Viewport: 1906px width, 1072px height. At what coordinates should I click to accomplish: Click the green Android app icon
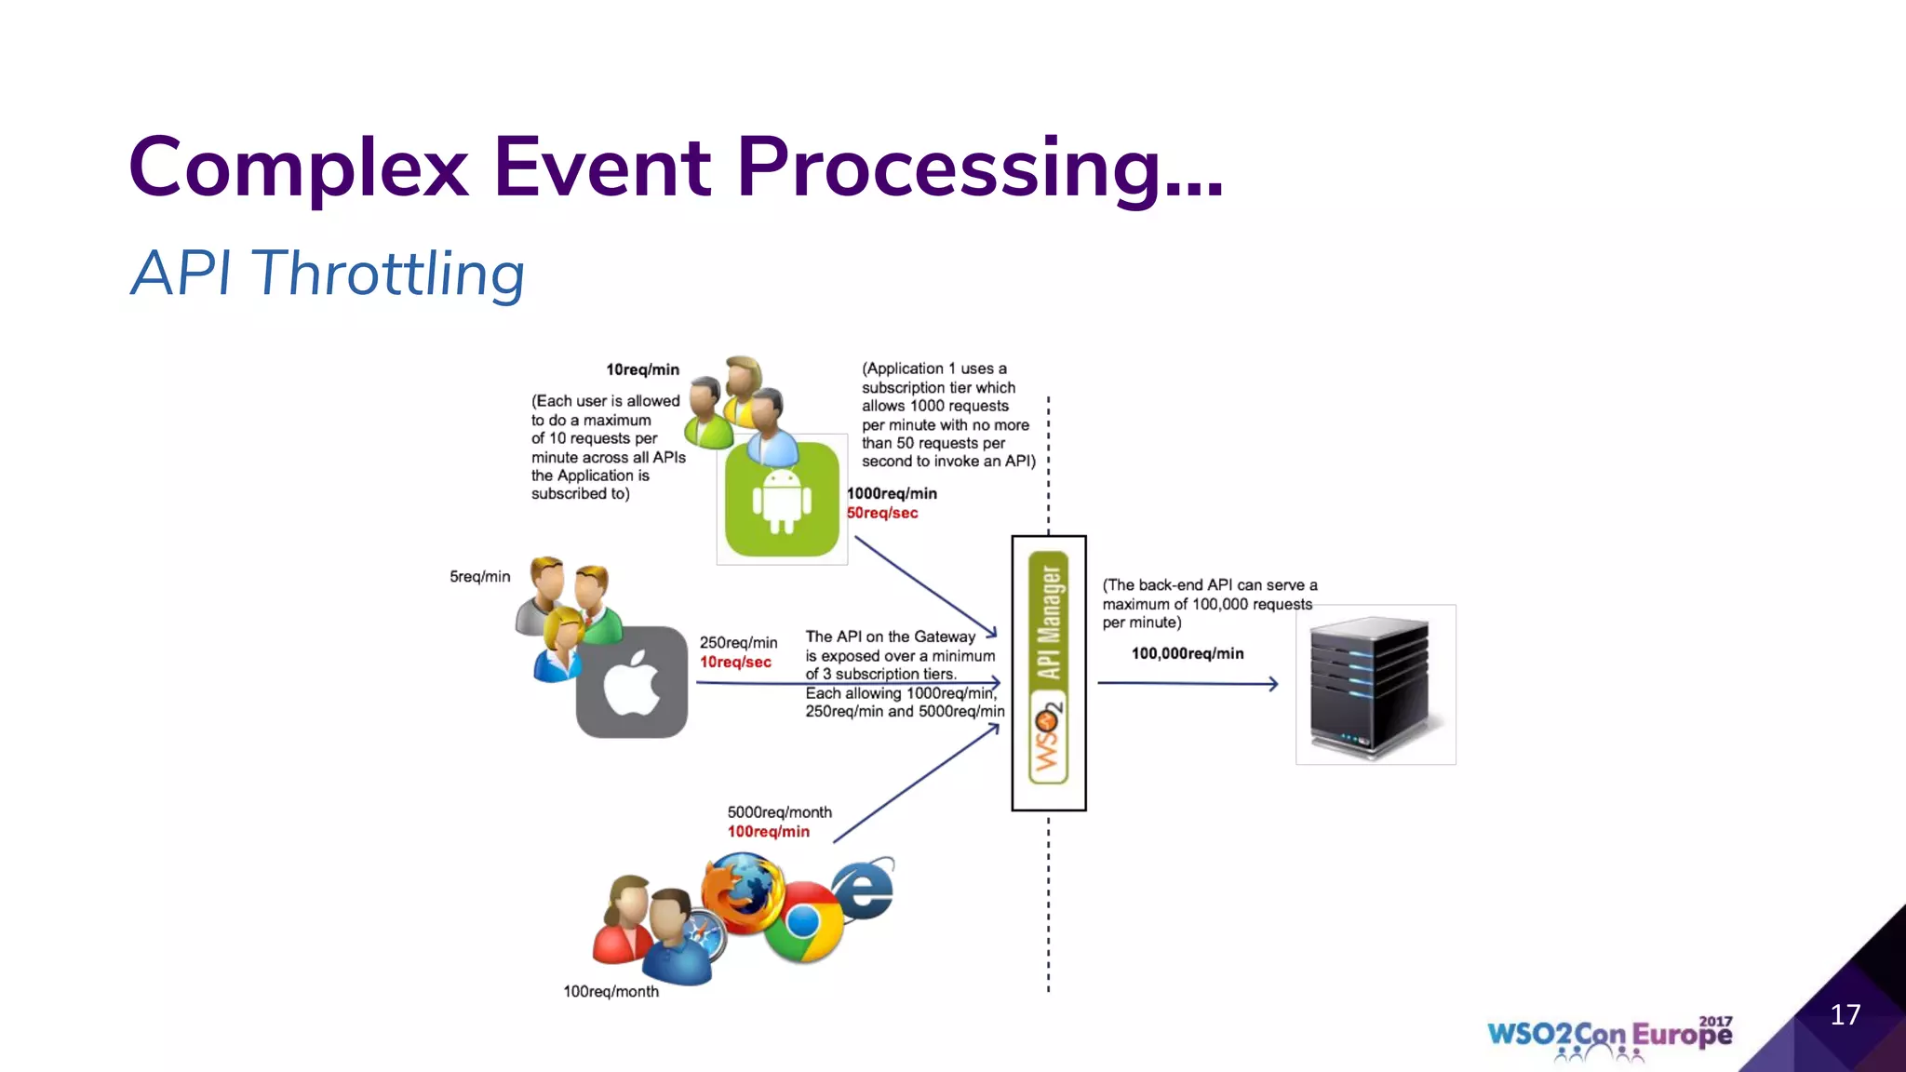782,501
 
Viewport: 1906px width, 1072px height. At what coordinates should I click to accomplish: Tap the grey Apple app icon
632,682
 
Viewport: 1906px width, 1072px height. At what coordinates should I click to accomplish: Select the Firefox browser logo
742,893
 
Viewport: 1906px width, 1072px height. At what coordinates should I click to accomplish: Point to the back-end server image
1375,685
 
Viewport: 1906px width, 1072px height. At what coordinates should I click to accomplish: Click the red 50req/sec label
881,513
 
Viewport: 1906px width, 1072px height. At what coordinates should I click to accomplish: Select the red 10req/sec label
735,662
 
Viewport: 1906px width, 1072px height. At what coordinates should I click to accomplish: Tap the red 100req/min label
768,831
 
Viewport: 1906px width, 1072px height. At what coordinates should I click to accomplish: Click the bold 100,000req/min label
1187,653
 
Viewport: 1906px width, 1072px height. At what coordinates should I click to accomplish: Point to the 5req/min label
479,576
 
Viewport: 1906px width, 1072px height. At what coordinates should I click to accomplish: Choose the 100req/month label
611,991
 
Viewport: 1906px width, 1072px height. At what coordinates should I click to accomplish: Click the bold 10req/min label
642,369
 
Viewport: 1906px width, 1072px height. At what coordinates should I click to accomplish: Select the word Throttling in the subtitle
388,274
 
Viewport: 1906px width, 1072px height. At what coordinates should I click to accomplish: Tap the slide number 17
1845,1014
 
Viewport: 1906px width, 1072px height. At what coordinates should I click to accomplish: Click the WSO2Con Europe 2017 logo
1609,1036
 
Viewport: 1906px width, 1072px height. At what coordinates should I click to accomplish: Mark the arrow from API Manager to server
1187,683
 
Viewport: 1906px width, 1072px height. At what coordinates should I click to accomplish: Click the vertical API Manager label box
1049,672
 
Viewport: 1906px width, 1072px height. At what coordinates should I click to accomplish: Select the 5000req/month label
779,812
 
